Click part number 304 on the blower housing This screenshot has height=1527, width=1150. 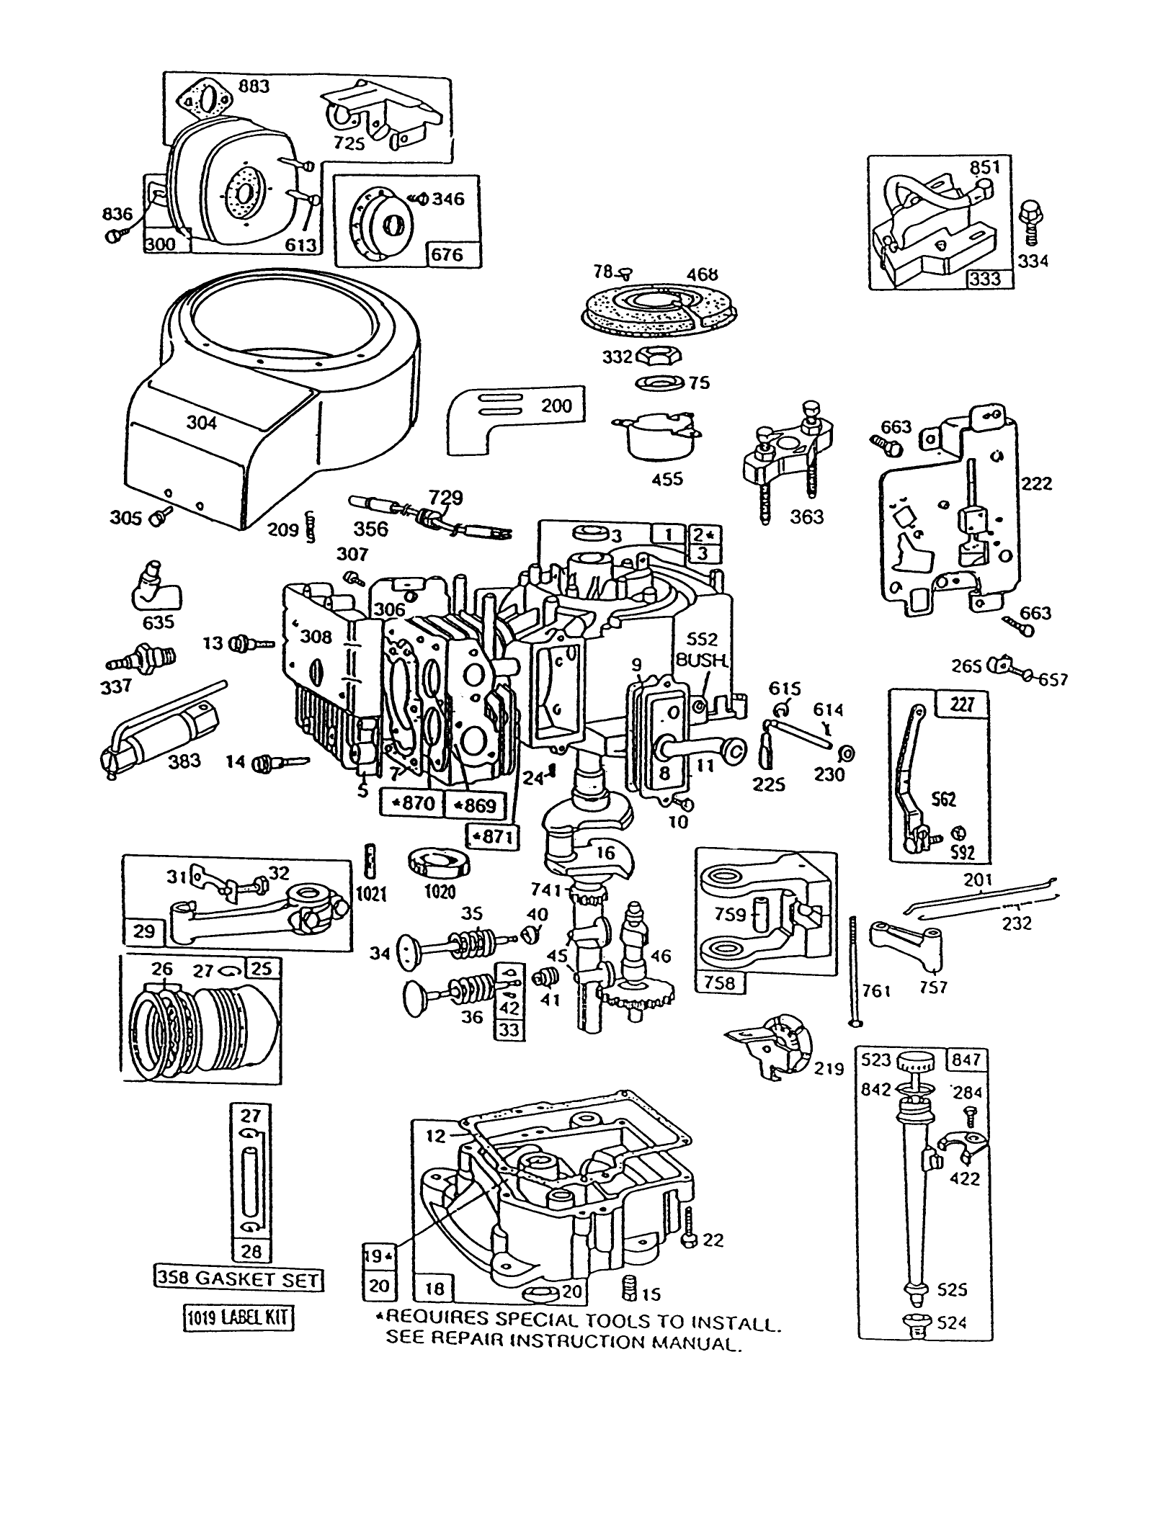pyautogui.click(x=202, y=423)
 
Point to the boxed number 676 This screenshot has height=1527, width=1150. pyautogui.click(x=446, y=254)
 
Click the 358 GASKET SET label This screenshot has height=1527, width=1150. pyautogui.click(x=238, y=1279)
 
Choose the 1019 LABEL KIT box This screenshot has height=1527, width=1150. pyautogui.click(x=238, y=1318)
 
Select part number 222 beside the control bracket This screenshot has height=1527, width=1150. pyautogui.click(x=1037, y=483)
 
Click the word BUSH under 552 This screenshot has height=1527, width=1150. pyautogui.click(x=702, y=660)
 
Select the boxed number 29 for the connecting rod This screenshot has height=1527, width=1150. pyautogui.click(x=145, y=931)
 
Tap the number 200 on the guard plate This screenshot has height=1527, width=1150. pyautogui.click(x=556, y=406)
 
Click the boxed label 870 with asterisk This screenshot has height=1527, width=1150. pyautogui.click(x=412, y=802)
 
